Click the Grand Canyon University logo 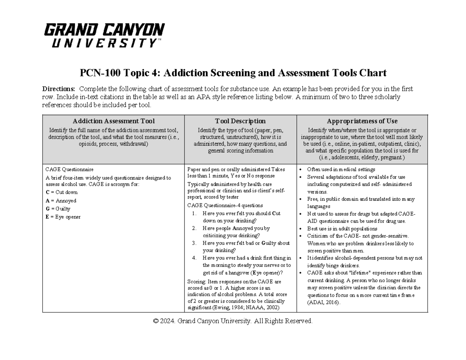104,35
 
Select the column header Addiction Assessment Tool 113,121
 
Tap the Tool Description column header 240,121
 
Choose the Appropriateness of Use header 362,121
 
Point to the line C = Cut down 61,192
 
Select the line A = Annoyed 61,201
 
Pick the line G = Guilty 58,209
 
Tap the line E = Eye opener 63,217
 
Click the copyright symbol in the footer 156,321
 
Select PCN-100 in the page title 96,73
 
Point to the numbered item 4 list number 195,258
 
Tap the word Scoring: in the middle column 196,282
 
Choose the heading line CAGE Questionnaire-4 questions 225,205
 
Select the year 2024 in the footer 168,321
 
